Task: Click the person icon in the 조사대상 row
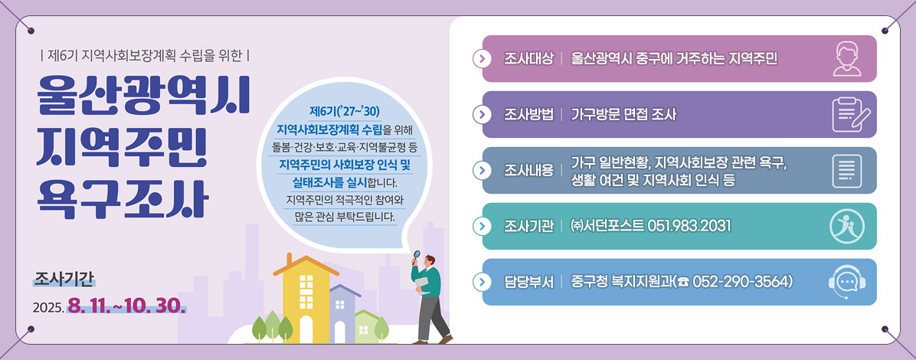(x=847, y=59)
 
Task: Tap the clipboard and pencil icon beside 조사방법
(x=851, y=115)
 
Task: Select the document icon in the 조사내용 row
(x=847, y=170)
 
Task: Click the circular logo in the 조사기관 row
(x=847, y=226)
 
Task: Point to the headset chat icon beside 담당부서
(x=847, y=283)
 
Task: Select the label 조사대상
(x=528, y=59)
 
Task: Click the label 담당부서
(x=528, y=283)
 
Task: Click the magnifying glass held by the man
(x=417, y=255)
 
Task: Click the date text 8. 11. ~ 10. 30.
(x=127, y=306)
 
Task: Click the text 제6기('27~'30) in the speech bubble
(x=345, y=112)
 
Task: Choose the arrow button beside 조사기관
(x=482, y=226)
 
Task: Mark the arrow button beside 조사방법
(x=482, y=115)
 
